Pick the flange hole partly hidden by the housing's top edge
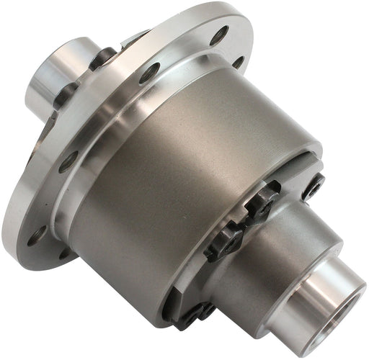(238, 61)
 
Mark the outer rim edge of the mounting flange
(14, 216)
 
